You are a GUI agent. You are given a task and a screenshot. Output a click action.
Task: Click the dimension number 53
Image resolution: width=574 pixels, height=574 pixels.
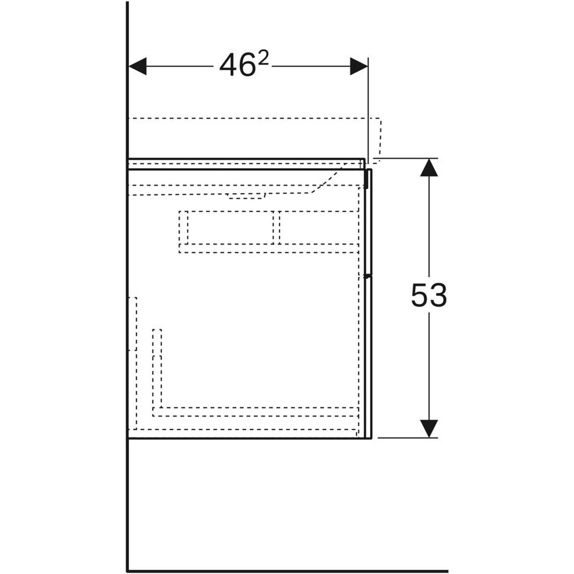tap(429, 296)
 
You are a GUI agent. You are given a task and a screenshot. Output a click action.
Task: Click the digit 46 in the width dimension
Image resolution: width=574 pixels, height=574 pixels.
tap(236, 66)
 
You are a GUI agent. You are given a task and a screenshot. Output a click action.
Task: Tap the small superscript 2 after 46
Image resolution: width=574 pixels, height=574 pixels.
tap(263, 59)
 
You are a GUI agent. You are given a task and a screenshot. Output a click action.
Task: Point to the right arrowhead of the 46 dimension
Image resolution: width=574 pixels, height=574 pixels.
tap(359, 66)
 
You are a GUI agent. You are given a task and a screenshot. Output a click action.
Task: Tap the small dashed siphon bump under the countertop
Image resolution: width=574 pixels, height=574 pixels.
tap(246, 197)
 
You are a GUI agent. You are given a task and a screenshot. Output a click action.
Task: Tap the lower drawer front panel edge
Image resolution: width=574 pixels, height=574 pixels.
tap(369, 358)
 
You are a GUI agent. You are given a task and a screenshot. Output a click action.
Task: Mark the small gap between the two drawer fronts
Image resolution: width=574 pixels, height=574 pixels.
tap(369, 276)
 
